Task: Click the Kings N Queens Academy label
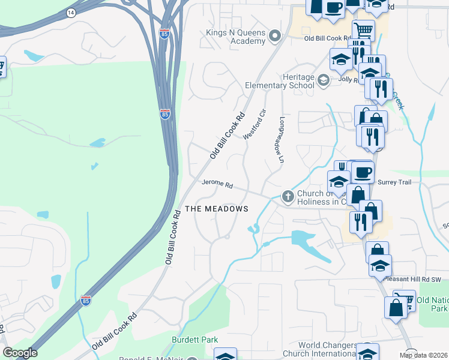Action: coord(235,37)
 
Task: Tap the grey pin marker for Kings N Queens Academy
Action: coord(276,37)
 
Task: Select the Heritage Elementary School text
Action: coord(280,82)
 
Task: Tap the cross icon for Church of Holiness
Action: coord(288,196)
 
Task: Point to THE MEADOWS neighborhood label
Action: coord(216,209)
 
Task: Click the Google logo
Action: coord(20,353)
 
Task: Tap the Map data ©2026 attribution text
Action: coord(423,355)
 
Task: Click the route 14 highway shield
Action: coord(71,13)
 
